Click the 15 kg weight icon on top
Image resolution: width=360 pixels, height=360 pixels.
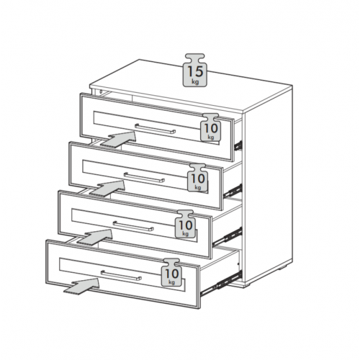coord(195,70)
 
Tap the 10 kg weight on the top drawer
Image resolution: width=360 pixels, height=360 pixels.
coord(210,127)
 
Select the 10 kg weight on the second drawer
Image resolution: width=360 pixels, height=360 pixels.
coord(197,178)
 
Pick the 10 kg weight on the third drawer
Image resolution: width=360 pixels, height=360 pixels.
coord(185,225)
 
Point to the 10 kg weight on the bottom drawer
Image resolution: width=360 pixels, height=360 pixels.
coord(171,273)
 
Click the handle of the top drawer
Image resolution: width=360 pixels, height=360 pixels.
coord(155,129)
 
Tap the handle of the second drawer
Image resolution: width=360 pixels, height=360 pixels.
coord(144,178)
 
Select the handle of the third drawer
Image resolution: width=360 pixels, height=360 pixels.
coord(133,226)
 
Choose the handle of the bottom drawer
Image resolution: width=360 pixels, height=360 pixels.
coord(121,275)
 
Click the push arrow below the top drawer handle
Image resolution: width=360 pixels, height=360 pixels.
coord(119,139)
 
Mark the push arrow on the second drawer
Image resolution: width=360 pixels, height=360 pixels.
coord(107,188)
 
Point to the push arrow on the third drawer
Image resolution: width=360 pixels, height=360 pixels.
coord(94,236)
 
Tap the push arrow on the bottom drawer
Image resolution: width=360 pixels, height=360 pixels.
coord(81,286)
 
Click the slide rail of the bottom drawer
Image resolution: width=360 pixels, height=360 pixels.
coord(221,283)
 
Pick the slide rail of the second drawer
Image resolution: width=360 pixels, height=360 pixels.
coord(233,191)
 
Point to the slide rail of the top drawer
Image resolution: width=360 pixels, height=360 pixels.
coord(238,145)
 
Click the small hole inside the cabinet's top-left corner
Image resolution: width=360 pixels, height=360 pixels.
coord(101,91)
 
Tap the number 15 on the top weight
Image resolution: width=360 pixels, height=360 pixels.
coord(195,71)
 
